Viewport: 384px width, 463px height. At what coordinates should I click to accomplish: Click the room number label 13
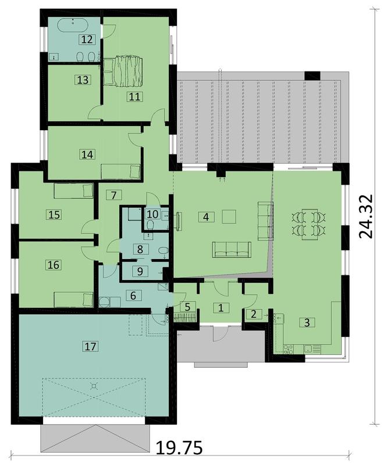tap(83, 80)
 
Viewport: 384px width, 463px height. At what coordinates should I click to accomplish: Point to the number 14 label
tap(87, 155)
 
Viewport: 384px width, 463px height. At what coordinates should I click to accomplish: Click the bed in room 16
tap(73, 299)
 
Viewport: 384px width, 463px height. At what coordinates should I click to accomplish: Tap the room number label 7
tap(114, 195)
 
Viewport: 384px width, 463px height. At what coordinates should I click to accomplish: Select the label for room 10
tap(152, 214)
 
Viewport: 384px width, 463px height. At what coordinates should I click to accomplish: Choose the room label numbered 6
tap(133, 296)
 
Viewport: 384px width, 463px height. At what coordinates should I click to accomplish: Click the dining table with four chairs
tap(307, 224)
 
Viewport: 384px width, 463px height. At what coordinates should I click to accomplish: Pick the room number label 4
tap(204, 217)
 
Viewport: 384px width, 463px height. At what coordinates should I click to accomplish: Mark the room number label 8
tap(140, 249)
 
